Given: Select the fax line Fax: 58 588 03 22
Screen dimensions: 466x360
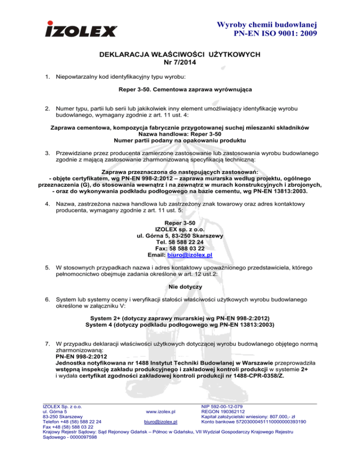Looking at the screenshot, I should tap(180, 248).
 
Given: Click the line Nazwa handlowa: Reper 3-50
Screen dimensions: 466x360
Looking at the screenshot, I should tap(180, 135).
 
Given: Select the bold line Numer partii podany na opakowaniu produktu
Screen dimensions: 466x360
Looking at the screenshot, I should tap(180, 141).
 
